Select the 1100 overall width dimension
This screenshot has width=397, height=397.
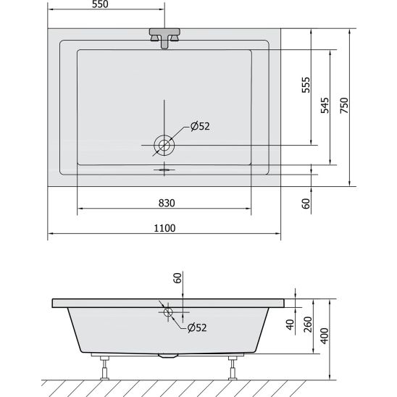[165, 228]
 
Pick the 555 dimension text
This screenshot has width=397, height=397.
[306, 88]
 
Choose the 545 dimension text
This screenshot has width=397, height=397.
[325, 106]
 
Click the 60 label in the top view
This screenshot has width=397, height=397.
[306, 204]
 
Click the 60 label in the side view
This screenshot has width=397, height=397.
[177, 278]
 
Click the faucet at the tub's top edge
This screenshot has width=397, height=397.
[164, 37]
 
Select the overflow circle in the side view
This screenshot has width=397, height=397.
[169, 313]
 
